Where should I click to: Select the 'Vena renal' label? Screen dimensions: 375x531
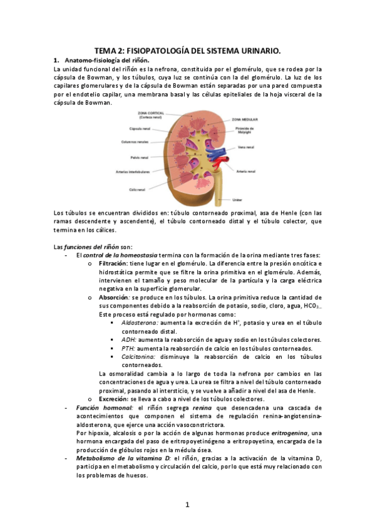[x=247, y=148]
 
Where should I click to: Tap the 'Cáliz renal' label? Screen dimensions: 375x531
[x=137, y=189]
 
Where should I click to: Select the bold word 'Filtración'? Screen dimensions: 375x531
[x=114, y=264]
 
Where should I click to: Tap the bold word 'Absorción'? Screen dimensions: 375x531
[x=113, y=297]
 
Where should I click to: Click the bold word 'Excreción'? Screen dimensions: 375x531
[x=113, y=398]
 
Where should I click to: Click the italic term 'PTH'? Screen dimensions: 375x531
[x=128, y=348]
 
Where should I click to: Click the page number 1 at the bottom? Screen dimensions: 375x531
[x=187, y=505]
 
